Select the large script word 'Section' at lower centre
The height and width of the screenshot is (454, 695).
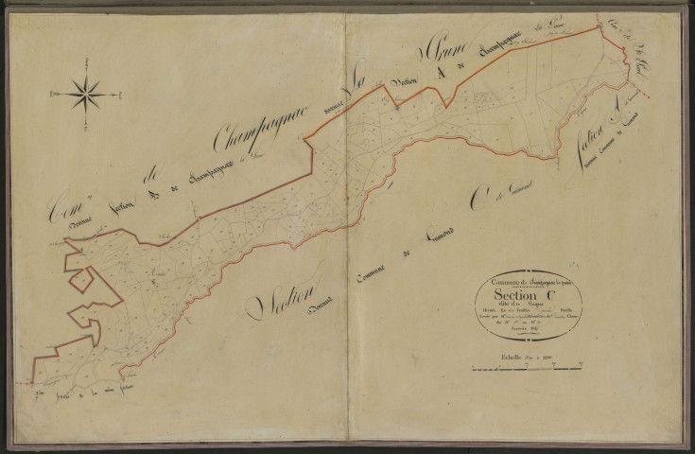(283, 297)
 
